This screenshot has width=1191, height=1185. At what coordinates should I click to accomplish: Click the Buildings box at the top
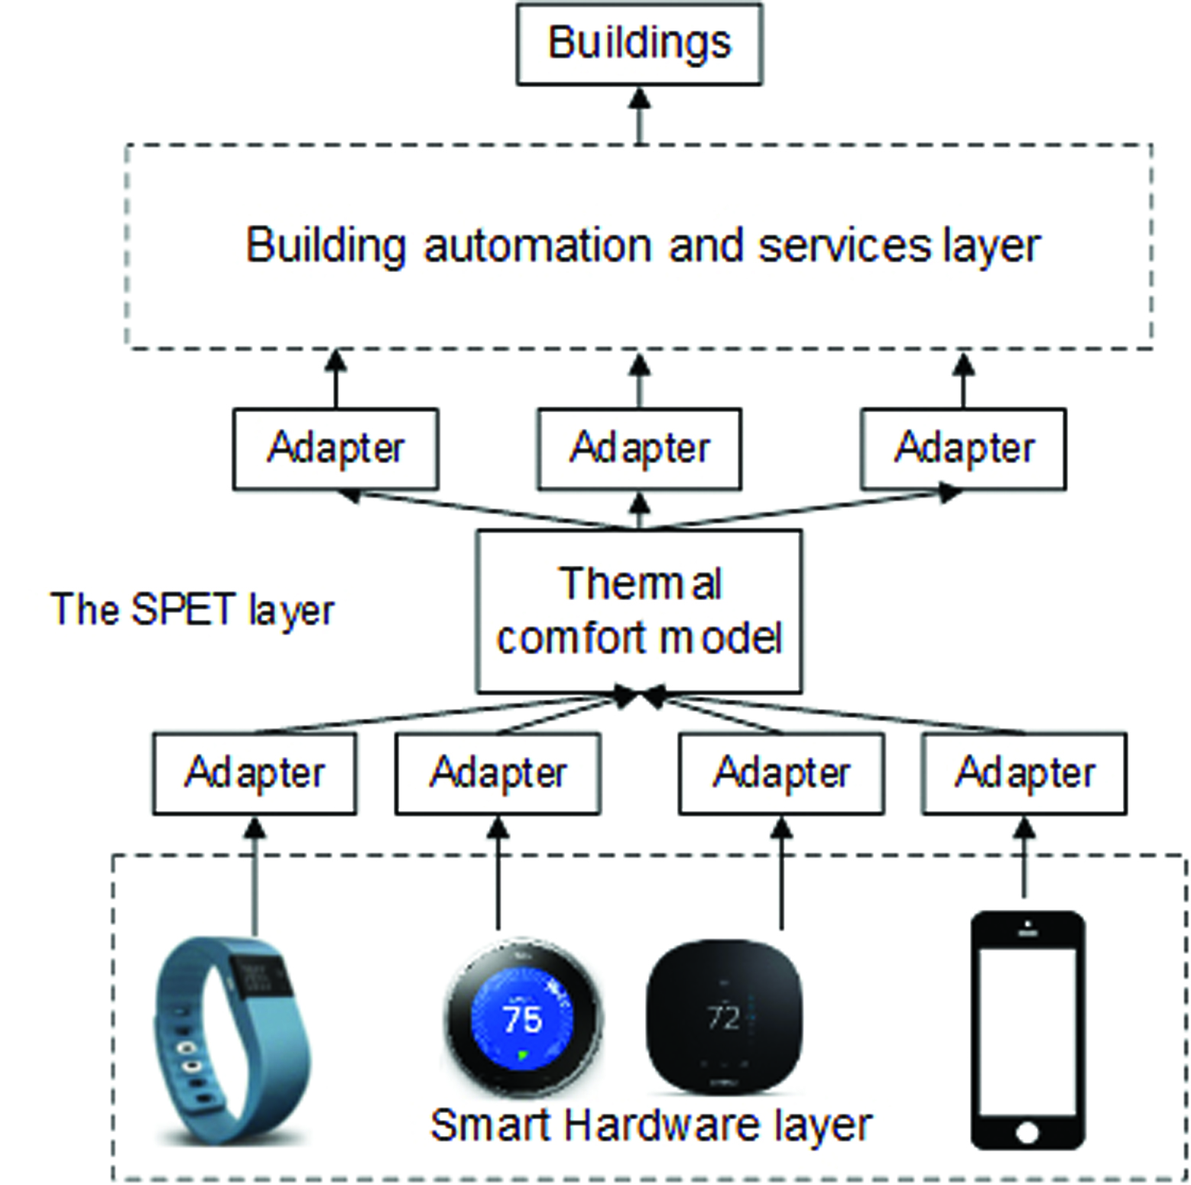pos(639,44)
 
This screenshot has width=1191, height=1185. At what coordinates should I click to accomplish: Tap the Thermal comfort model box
pos(639,611)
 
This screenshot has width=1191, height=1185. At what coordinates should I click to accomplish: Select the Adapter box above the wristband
pos(255,773)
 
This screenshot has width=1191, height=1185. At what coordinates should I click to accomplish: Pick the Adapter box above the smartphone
pos(1024,773)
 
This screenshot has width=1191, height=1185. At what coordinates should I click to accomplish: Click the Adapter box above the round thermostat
pos(498,773)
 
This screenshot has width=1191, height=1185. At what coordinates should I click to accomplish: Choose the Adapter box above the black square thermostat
pos(781,773)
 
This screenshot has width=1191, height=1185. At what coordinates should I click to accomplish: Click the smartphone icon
pos(1027,1028)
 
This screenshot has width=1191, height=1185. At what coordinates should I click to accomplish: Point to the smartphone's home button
pos(1027,1130)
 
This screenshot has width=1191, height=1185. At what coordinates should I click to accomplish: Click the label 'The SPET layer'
pos(193,610)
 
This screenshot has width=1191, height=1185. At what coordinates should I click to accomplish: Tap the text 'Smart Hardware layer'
pos(651,1125)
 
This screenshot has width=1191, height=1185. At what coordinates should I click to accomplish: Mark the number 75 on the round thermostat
pos(523,1018)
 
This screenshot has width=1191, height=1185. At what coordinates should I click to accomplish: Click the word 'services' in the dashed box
pos(844,246)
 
